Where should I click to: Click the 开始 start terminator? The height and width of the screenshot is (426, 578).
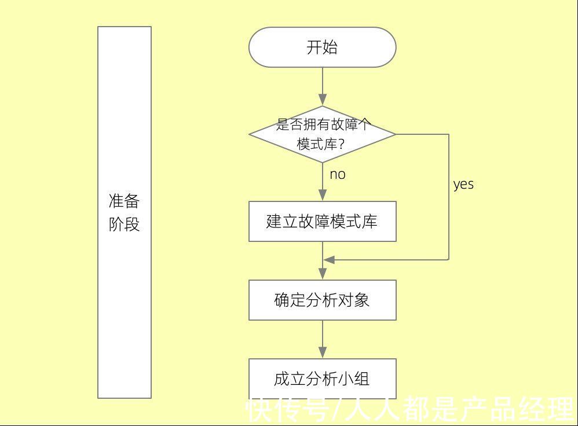[322, 47]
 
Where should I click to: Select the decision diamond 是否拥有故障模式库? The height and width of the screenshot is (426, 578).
[322, 134]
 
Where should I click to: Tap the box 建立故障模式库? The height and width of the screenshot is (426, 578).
[322, 221]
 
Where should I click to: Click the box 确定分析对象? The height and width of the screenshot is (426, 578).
[322, 300]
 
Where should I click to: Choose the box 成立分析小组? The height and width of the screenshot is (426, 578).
[322, 379]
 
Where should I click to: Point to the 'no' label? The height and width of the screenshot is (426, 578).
[338, 174]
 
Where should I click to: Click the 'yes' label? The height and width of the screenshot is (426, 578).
[463, 185]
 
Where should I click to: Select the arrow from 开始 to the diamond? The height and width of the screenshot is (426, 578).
[323, 87]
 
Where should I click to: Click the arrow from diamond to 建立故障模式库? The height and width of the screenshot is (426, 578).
[323, 182]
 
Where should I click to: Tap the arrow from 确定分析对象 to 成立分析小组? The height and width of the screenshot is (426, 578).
[323, 339]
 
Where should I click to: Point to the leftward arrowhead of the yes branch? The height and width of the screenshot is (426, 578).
[329, 260]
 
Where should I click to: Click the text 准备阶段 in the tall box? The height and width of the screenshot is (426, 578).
[125, 212]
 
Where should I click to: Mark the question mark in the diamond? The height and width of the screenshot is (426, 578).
[342, 144]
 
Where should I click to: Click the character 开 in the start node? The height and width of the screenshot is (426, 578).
[314, 47]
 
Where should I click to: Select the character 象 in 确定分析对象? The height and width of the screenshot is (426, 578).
[363, 300]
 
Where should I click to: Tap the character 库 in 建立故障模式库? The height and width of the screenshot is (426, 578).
[370, 221]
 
